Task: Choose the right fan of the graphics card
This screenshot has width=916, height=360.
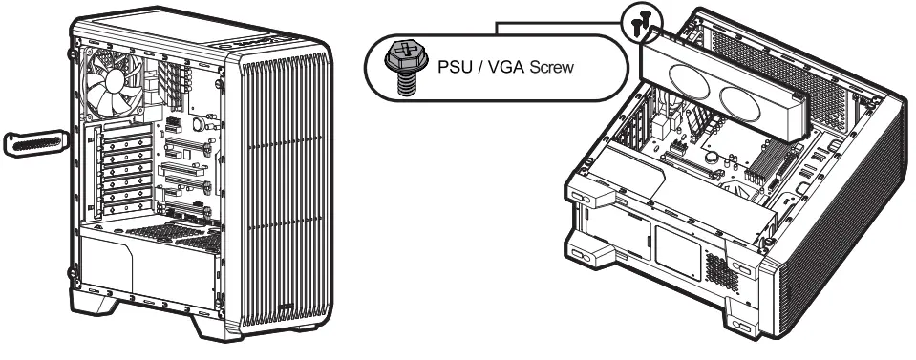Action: (749, 98)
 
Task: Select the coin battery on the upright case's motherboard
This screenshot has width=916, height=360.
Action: (199, 123)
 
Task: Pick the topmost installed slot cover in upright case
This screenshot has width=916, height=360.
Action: (125, 140)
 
